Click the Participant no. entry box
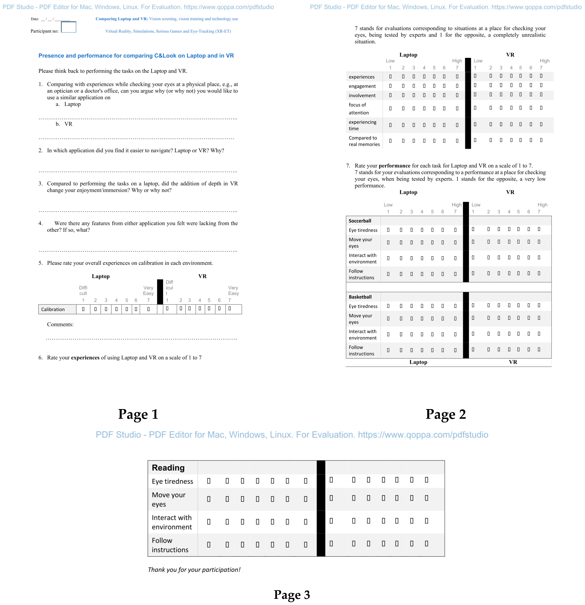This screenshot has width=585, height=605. (x=68, y=27)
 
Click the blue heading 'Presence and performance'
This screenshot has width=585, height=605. (x=136, y=56)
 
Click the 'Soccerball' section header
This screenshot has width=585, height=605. (x=360, y=221)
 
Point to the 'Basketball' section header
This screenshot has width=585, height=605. (x=360, y=297)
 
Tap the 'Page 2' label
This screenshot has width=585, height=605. (x=446, y=414)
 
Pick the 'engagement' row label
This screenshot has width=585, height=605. (x=362, y=86)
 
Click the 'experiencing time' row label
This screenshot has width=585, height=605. (x=362, y=125)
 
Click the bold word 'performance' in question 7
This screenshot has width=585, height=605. (x=394, y=166)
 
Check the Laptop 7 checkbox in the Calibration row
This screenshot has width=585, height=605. (x=148, y=309)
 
